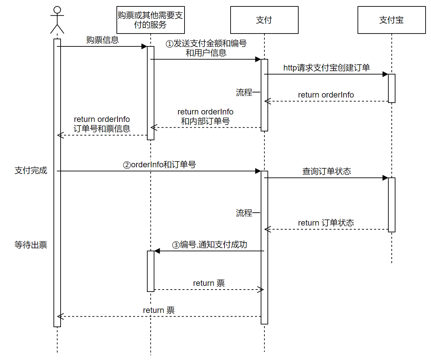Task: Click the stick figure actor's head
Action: [57, 10]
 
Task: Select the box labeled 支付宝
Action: [391, 20]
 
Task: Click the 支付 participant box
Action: [264, 20]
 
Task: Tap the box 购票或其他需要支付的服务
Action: [150, 20]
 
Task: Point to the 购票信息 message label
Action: [102, 40]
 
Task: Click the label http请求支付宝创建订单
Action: [326, 68]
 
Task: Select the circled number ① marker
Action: [169, 44]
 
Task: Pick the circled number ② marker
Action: [127, 165]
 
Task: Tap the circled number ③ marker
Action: [176, 245]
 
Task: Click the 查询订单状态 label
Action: [326, 171]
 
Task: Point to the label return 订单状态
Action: [326, 223]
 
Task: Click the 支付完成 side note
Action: [31, 170]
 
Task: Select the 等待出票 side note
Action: [31, 245]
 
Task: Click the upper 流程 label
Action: [244, 92]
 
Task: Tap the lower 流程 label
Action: [244, 213]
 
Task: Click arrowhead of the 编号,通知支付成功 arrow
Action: [157, 251]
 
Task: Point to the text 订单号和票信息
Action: [102, 129]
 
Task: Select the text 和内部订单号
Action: [205, 121]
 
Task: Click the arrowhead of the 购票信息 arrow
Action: [144, 46]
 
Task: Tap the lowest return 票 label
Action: [158, 310]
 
